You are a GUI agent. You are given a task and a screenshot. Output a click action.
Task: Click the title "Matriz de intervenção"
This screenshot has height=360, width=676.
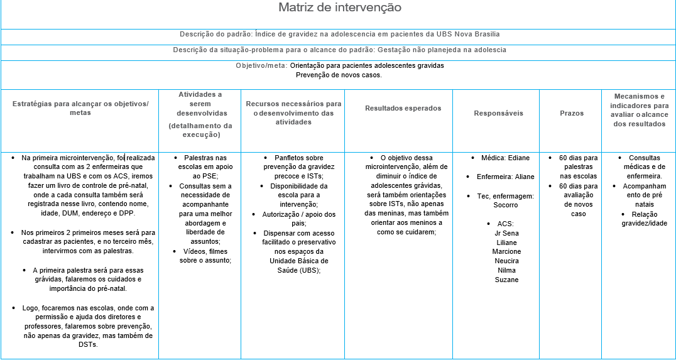click(x=339, y=8)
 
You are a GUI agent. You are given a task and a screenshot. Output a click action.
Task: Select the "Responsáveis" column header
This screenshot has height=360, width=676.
click(x=498, y=113)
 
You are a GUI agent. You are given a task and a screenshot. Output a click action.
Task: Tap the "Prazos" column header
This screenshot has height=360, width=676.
click(x=572, y=113)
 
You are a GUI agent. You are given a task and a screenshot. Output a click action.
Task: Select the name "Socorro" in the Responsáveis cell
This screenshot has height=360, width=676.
click(x=506, y=205)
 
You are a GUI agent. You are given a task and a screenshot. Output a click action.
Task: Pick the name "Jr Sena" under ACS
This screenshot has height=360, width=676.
click(x=506, y=233)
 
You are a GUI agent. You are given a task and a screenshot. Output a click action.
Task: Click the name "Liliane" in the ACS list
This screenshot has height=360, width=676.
click(x=506, y=243)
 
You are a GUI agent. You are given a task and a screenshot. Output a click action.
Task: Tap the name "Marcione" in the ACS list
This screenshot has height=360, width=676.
click(x=506, y=252)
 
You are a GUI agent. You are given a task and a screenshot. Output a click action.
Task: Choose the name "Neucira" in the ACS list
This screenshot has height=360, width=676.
click(x=506, y=261)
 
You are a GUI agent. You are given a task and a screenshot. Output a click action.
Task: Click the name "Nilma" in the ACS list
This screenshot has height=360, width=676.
click(x=506, y=271)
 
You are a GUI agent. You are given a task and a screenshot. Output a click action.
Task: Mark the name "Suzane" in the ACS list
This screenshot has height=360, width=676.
click(x=506, y=280)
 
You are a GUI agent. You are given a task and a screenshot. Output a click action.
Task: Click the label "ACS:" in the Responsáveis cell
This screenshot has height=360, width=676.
click(x=505, y=224)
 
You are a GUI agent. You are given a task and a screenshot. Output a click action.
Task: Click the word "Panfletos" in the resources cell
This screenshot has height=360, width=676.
click(x=290, y=158)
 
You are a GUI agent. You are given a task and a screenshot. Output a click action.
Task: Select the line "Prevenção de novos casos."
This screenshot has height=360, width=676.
click(x=339, y=75)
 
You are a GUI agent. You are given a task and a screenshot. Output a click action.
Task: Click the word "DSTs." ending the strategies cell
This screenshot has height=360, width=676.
click(x=88, y=344)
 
